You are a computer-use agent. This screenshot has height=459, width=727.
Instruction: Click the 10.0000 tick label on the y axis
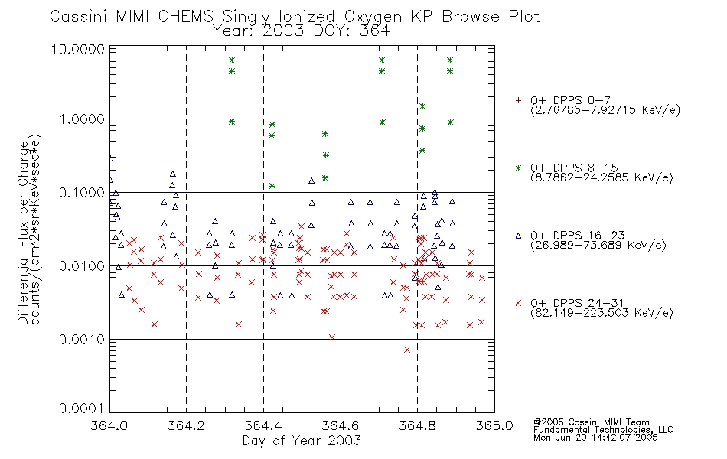(x=78, y=49)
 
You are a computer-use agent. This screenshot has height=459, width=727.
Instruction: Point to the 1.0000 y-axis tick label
(x=82, y=119)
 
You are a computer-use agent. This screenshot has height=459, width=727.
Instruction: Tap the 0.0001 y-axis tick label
(x=82, y=409)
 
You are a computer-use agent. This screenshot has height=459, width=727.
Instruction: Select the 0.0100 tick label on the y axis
(x=82, y=266)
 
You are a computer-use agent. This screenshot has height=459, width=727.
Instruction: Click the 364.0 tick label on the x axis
(x=109, y=425)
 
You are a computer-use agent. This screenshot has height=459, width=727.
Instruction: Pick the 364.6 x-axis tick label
(x=341, y=425)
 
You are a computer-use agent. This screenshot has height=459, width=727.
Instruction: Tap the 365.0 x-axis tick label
(x=494, y=425)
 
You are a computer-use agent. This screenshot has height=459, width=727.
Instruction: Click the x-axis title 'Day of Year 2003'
(x=302, y=441)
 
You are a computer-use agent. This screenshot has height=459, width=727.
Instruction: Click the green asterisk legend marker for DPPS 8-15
(x=518, y=168)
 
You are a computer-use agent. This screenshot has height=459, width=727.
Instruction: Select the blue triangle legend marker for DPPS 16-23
(x=518, y=236)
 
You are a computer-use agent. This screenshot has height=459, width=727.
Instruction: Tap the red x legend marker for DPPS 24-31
(x=518, y=303)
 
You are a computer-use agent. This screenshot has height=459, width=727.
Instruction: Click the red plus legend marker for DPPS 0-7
(x=518, y=100)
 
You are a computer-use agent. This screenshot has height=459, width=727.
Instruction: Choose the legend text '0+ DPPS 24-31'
(x=577, y=303)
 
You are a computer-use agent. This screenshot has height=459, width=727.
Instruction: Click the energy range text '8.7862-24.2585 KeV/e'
(x=601, y=177)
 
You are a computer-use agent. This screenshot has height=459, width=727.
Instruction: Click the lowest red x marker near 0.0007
(x=406, y=350)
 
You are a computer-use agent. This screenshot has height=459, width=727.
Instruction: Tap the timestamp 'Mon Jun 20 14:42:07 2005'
(x=595, y=438)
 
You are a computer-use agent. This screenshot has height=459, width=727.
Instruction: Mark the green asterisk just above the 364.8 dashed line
(x=422, y=106)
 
